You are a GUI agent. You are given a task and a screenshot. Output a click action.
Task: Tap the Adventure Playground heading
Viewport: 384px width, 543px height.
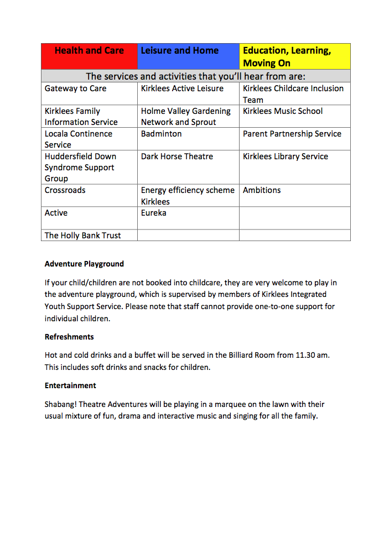[x=84, y=264]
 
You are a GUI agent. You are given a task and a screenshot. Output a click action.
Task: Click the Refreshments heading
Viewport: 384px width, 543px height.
[x=69, y=337]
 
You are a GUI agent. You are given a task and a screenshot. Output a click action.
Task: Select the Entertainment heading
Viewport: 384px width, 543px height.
[x=70, y=386]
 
